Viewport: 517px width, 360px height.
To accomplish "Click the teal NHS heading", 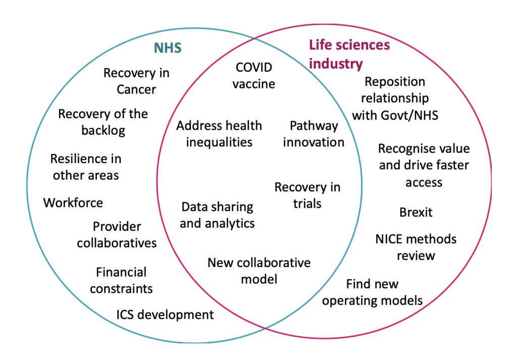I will click(x=167, y=48).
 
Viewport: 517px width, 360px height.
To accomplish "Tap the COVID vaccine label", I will click(x=254, y=75).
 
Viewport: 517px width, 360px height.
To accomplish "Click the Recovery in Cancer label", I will click(x=136, y=81).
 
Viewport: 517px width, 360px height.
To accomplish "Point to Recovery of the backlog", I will click(x=103, y=122).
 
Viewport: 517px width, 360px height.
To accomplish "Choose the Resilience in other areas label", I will click(x=85, y=167).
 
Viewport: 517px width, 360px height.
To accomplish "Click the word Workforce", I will click(x=73, y=203).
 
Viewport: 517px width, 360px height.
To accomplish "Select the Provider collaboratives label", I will click(x=117, y=234).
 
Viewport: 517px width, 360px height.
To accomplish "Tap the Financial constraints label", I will click(x=121, y=280).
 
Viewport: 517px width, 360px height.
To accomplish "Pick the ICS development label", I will click(x=165, y=315).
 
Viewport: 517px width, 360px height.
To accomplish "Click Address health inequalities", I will click(x=219, y=133).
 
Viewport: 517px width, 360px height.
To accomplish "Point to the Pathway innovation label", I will click(x=314, y=134).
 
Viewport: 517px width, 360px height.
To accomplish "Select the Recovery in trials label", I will click(x=307, y=195).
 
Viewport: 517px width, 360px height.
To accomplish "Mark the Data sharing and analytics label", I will click(x=217, y=215).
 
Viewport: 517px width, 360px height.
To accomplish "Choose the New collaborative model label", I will click(x=259, y=270).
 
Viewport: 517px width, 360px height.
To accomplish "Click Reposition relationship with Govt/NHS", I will click(x=395, y=98).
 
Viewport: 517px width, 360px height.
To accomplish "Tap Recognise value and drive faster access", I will click(x=424, y=165).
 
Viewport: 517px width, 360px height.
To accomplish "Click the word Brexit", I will click(x=416, y=212).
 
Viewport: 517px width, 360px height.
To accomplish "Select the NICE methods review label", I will click(x=416, y=246).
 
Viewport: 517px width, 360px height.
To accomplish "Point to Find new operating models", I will click(x=373, y=292).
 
